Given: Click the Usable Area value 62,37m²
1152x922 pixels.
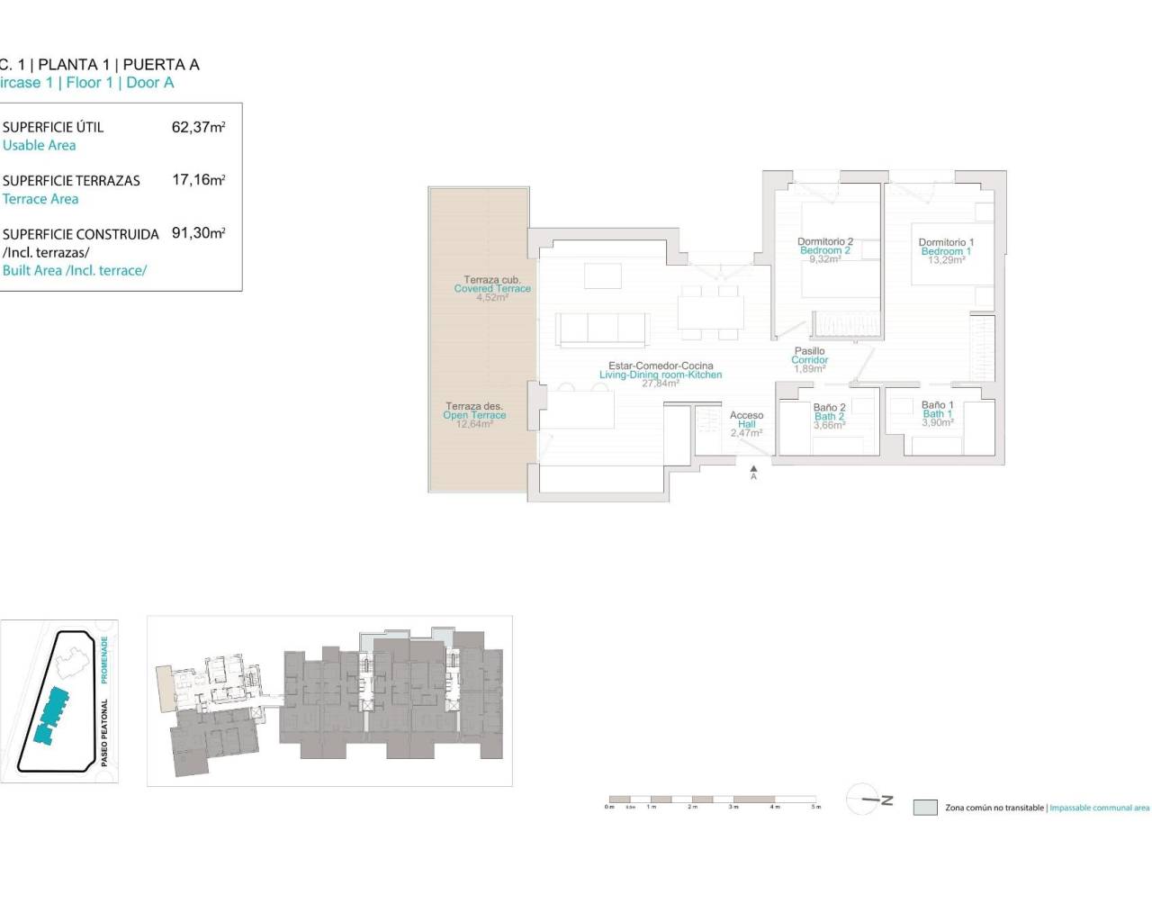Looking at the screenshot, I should pos(198,127).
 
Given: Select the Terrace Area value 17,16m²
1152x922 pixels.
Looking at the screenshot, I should pos(198,180).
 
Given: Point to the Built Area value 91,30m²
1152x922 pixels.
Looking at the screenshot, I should pos(198,233).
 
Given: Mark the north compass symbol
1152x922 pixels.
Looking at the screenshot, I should pos(866,800).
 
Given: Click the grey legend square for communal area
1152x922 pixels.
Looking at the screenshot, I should pos(925,808).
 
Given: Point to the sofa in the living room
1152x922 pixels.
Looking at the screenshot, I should pos(602,329).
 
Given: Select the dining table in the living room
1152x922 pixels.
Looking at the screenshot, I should pos(710,312).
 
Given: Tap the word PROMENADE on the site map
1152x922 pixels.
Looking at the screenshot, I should pos(104,659).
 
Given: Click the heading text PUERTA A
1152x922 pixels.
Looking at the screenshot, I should pos(161,65).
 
